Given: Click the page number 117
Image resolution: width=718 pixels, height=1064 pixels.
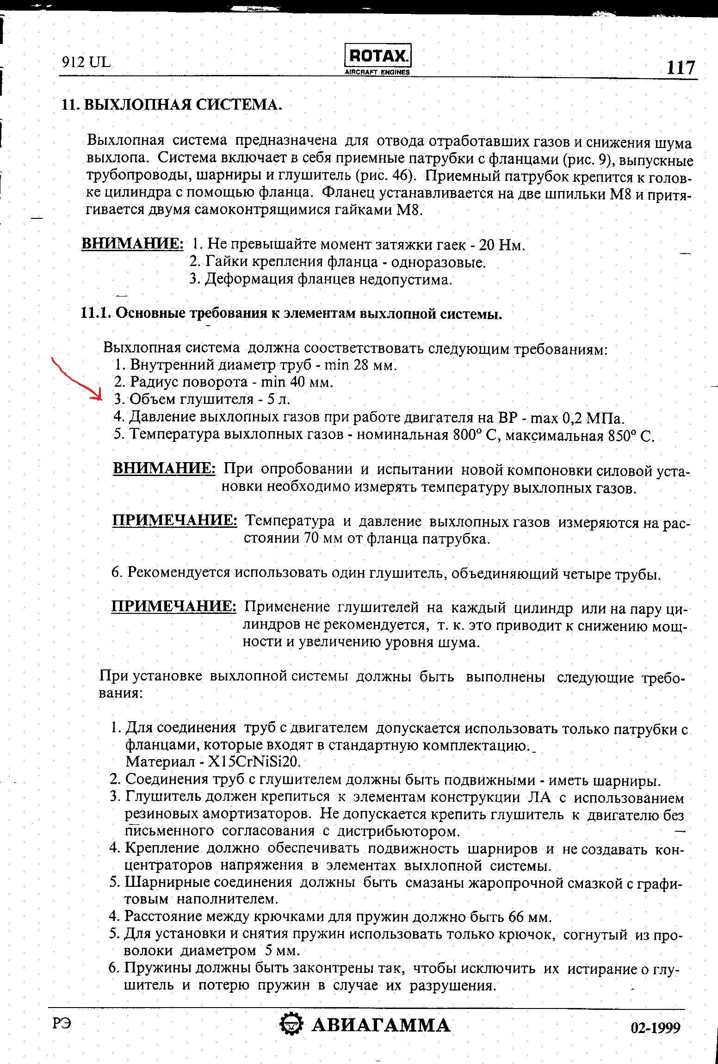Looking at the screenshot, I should pyautogui.click(x=681, y=68).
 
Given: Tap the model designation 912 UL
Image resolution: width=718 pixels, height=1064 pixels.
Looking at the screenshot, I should pyautogui.click(x=86, y=62).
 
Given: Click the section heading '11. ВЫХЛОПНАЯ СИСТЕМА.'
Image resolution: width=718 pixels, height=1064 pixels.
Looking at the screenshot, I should pyautogui.click(x=172, y=105).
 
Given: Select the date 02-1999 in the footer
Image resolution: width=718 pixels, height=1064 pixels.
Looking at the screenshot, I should pyautogui.click(x=656, y=1028).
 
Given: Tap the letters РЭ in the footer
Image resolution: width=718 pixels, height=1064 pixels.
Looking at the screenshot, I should pyautogui.click(x=62, y=1024).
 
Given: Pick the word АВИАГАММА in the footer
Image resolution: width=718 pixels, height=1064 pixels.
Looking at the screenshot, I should pyautogui.click(x=381, y=1026).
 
